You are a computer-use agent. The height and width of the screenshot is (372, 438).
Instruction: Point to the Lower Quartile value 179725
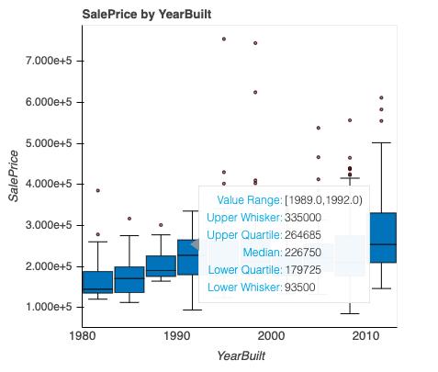303,270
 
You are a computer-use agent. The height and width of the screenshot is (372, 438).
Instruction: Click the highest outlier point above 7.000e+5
224,39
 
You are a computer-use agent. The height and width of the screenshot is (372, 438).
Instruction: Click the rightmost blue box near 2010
382,237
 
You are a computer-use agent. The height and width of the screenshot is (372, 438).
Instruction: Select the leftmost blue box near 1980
97,282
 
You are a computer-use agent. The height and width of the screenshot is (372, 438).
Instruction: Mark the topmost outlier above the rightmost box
382,97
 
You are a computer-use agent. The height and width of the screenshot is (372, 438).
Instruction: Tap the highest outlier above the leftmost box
97,191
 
